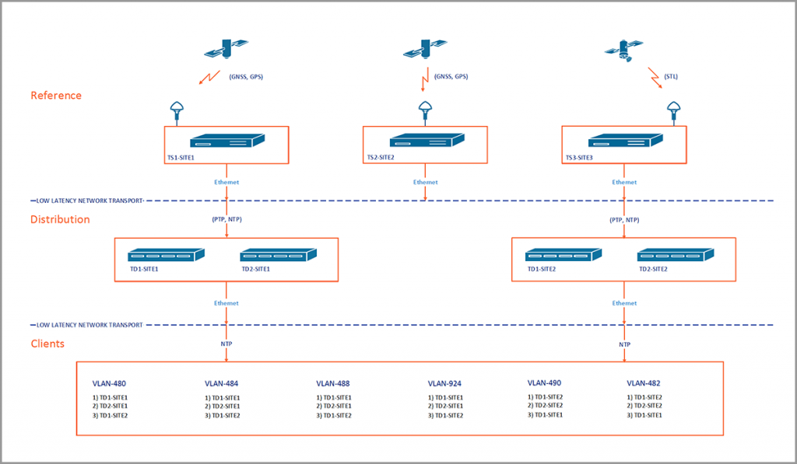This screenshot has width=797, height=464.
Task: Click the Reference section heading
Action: (x=56, y=96)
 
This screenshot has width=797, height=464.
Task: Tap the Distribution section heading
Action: (x=60, y=219)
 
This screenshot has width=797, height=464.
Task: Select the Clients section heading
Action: (x=47, y=343)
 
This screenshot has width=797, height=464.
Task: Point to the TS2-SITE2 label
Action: (x=381, y=158)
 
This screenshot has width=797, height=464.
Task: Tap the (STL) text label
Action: (x=671, y=76)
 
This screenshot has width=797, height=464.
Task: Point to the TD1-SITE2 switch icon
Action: (x=564, y=255)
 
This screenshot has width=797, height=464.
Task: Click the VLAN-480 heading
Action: (x=109, y=383)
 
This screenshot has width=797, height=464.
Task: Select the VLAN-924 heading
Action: (x=444, y=383)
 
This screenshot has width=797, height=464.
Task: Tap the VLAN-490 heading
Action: (x=544, y=382)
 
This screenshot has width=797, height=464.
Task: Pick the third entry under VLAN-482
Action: (x=644, y=415)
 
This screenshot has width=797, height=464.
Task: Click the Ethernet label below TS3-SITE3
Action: (x=624, y=182)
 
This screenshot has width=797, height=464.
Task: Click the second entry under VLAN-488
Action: (x=334, y=406)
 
